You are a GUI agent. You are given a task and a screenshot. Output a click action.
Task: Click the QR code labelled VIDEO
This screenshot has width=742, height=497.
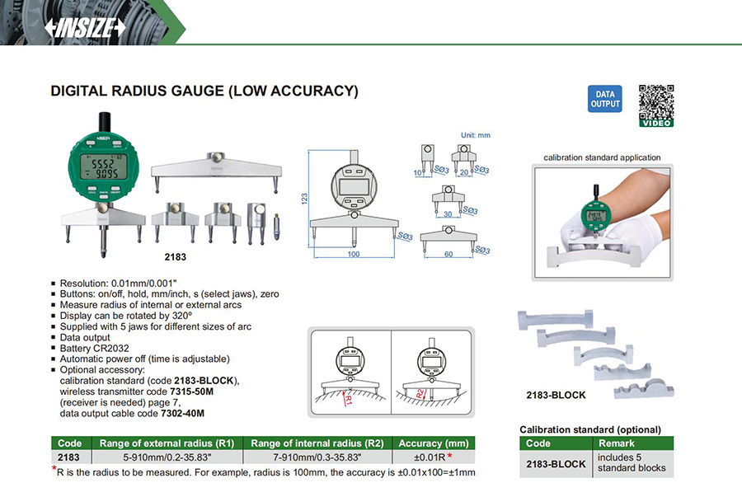click(656, 105)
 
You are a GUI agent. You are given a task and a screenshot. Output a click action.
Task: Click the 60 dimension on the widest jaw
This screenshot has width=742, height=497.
click(448, 255)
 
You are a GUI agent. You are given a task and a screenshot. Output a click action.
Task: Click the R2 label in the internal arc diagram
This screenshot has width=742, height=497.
click(422, 392)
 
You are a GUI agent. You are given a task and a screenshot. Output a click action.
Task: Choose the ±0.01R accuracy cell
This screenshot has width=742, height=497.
click(430, 456)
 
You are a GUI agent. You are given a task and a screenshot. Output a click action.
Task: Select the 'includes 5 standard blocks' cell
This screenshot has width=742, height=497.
click(632, 462)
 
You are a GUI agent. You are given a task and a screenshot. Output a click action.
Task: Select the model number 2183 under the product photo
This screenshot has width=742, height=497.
click(176, 256)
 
